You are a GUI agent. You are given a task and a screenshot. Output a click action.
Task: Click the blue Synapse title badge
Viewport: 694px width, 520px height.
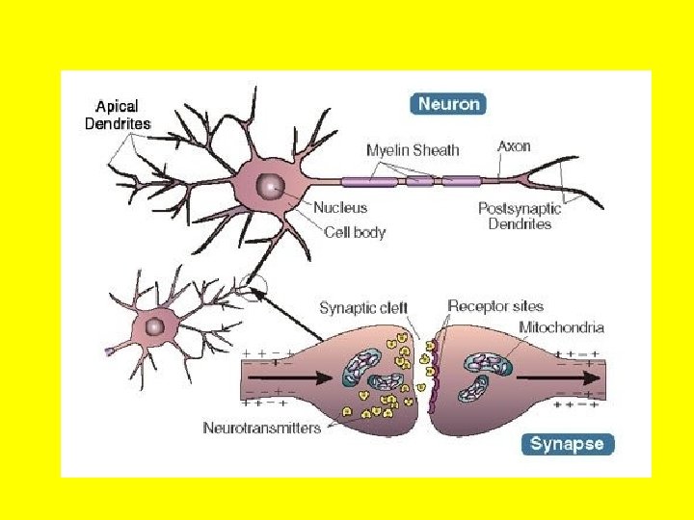[569, 444]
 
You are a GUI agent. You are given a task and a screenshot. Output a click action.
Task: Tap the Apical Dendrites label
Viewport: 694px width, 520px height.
[122, 117]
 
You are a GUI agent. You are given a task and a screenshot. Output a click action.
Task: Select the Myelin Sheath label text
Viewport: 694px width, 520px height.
[413, 149]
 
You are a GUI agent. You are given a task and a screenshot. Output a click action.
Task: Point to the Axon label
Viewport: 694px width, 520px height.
[514, 146]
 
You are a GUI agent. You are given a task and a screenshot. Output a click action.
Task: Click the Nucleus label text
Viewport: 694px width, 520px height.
[340, 207]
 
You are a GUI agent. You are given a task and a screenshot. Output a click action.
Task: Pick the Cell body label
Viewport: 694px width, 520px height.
[355, 232]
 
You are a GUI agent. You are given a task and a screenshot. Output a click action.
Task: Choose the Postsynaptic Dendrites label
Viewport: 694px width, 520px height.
[520, 216]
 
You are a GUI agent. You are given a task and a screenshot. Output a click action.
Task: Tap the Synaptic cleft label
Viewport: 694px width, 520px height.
[363, 308]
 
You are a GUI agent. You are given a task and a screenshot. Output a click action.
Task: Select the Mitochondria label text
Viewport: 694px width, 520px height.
[562, 327]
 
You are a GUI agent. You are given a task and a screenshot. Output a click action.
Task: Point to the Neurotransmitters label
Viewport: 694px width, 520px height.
[261, 428]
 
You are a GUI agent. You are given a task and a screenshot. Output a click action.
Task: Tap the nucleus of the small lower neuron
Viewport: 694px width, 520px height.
[153, 327]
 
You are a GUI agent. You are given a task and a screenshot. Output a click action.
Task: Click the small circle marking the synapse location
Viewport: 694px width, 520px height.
[254, 286]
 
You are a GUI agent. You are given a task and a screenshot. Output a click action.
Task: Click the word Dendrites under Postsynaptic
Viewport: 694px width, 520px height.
[520, 224]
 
